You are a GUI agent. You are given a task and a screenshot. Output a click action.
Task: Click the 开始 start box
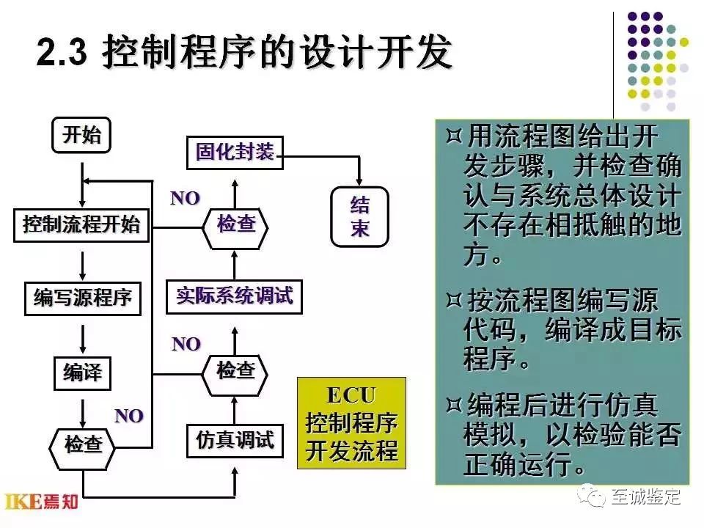(82, 136)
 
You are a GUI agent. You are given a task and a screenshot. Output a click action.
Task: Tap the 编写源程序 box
(82, 298)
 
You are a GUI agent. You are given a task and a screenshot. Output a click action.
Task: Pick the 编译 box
(82, 374)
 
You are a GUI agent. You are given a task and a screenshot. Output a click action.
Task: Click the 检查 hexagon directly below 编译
(83, 444)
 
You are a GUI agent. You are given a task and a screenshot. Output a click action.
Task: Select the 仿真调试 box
(235, 441)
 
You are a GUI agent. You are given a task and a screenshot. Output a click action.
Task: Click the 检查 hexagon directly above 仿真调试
(235, 371)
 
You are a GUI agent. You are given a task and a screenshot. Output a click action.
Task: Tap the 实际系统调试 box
(235, 296)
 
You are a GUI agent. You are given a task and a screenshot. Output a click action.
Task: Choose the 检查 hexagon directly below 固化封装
(235, 225)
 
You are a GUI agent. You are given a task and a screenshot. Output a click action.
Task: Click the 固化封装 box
(235, 153)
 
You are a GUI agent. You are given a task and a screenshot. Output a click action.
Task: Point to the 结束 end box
(359, 216)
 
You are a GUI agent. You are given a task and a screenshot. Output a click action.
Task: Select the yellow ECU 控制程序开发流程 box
(351, 423)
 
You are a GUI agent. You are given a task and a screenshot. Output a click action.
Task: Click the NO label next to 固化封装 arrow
(185, 198)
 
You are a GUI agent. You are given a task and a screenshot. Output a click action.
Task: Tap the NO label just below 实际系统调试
(186, 343)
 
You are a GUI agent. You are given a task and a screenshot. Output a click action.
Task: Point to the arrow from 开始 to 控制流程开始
(82, 180)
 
